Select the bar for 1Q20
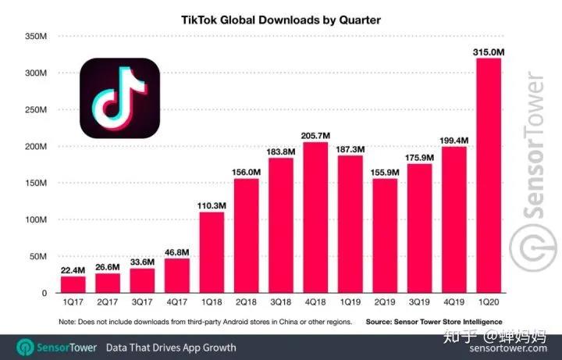(488, 176)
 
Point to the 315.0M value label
(489, 52)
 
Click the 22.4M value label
(74, 269)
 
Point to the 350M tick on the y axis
(37, 36)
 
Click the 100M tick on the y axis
(37, 219)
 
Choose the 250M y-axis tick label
(37, 109)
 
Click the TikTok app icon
(119, 98)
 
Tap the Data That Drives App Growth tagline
(171, 348)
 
